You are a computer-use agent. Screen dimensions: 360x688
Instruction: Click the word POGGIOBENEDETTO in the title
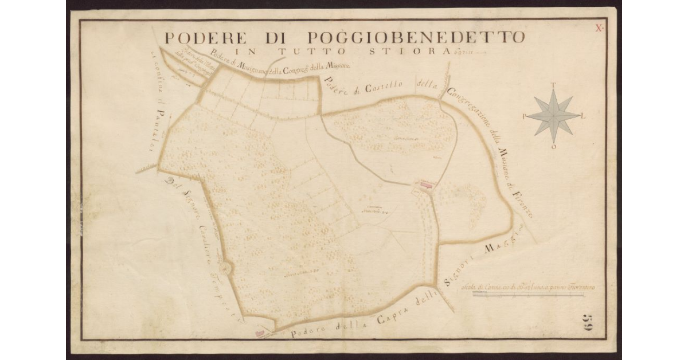coord(416,38)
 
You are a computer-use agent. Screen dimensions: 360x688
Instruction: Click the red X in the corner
coord(599,27)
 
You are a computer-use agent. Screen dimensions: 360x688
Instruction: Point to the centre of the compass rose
coord(553,115)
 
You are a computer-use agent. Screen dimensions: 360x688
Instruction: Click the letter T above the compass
coord(553,85)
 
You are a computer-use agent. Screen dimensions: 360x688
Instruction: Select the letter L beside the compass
coord(584,116)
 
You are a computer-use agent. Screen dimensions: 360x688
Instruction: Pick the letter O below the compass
coord(554,147)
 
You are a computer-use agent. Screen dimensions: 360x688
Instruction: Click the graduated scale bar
coord(527,295)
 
